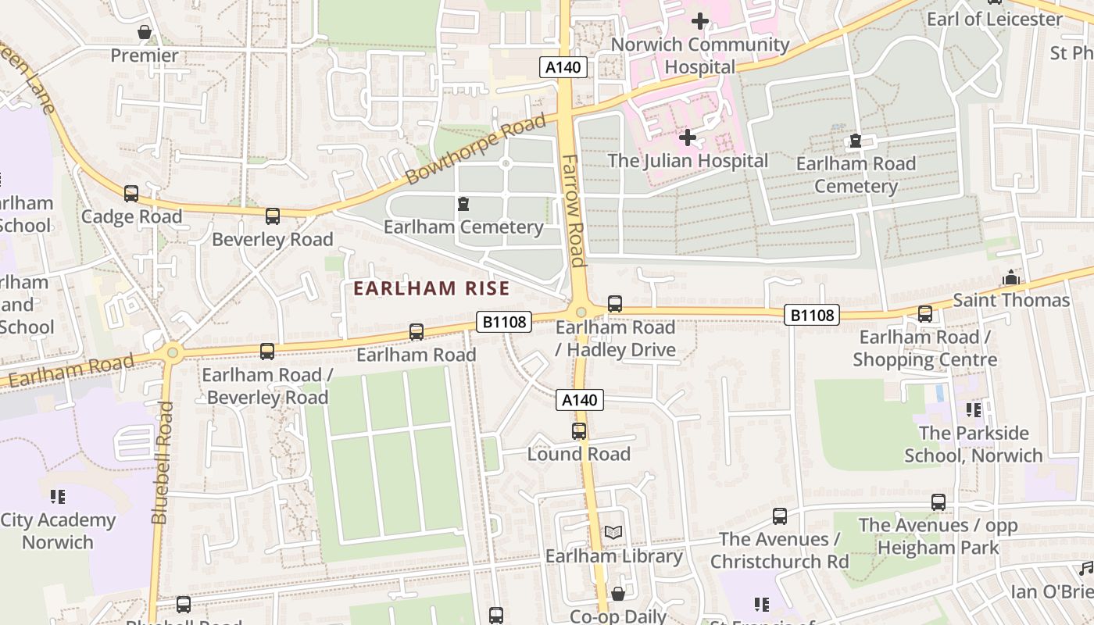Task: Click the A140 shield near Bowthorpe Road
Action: pyautogui.click(x=563, y=67)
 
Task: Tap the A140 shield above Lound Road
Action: pyautogui.click(x=580, y=401)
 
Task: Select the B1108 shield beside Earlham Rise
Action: pyautogui.click(x=505, y=321)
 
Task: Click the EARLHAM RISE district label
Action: pyautogui.click(x=431, y=288)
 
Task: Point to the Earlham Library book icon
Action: pyautogui.click(x=614, y=533)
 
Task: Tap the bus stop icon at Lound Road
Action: pyautogui.click(x=579, y=431)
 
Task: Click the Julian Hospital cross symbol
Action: pyautogui.click(x=688, y=138)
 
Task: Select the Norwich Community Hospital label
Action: pyautogui.click(x=699, y=55)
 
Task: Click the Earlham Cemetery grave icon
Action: pyautogui.click(x=463, y=205)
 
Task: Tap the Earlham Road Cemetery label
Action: pyautogui.click(x=856, y=175)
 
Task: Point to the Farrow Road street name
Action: pyautogui.click(x=574, y=209)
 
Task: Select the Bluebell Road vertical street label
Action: pyautogui.click(x=161, y=462)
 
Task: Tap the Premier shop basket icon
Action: pyautogui.click(x=145, y=32)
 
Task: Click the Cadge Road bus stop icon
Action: pyautogui.click(x=131, y=193)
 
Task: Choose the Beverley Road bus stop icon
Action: pyautogui.click(x=272, y=216)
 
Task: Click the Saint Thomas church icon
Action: pyautogui.click(x=1011, y=278)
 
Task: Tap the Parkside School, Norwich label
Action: pyautogui.click(x=973, y=444)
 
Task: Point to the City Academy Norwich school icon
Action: pyautogui.click(x=57, y=497)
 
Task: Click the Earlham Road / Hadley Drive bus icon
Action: pyautogui.click(x=615, y=304)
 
